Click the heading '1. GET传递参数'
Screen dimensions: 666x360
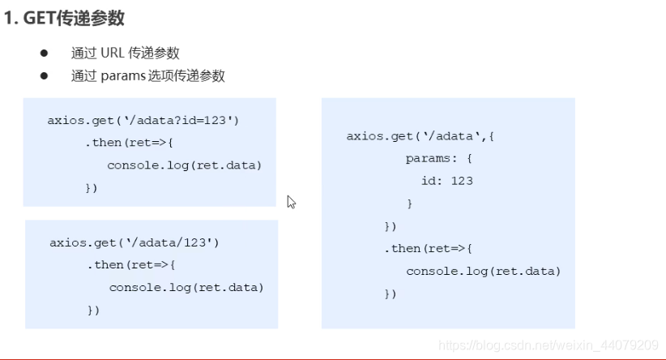65,19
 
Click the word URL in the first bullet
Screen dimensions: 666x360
113,54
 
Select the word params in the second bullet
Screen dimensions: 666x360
122,76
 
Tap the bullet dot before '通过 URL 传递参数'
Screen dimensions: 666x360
45,54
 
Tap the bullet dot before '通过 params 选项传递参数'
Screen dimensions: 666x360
45,76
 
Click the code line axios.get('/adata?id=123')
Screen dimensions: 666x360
143,121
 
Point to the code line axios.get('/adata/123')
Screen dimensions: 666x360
134,242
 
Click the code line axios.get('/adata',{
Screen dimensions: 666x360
420,136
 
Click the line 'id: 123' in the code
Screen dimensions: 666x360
446,181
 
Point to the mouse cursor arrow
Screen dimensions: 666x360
291,201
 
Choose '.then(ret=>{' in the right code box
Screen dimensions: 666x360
428,248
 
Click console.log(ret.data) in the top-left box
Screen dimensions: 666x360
185,165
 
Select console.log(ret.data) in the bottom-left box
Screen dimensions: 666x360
186,288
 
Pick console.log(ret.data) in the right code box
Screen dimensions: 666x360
483,271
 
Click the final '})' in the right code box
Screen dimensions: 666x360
391,294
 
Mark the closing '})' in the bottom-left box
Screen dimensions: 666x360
93,311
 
